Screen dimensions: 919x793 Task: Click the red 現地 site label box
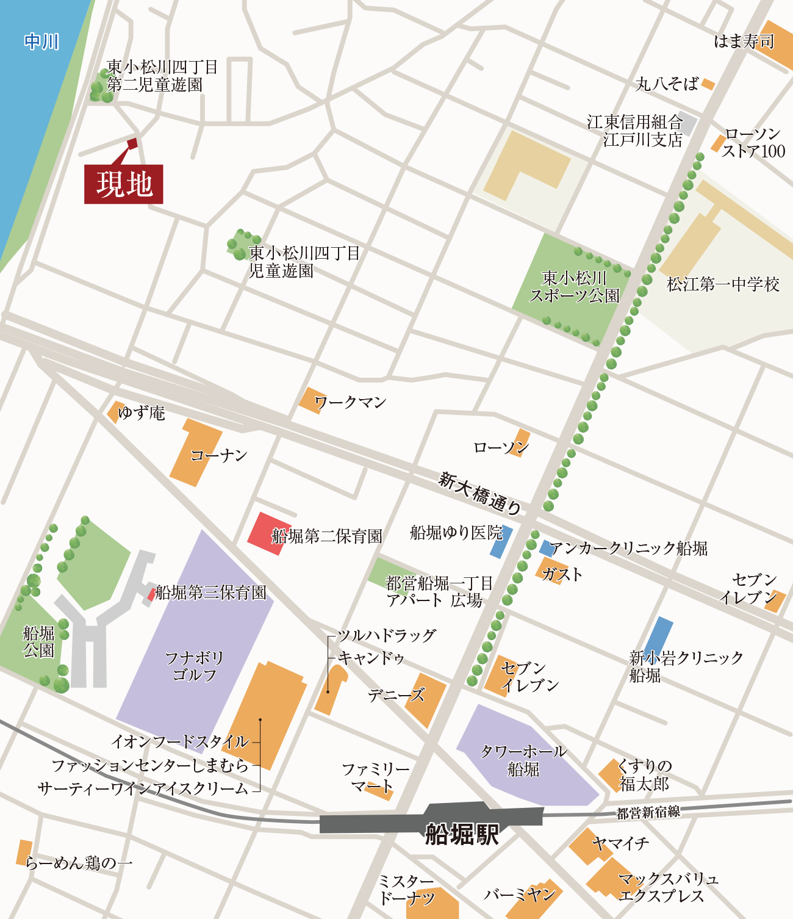coord(123,184)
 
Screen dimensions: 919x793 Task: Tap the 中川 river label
coord(41,41)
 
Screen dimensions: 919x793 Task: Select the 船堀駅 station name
coord(462,834)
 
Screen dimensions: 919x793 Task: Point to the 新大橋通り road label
coord(480,493)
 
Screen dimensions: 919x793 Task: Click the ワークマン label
coord(350,402)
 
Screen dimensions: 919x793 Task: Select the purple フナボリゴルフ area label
coord(195,666)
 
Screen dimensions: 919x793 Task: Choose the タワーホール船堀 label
coord(523,760)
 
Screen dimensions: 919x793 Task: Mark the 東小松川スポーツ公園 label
coord(574,287)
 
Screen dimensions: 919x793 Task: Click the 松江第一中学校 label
coord(723,284)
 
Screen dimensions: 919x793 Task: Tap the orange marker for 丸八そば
coord(708,84)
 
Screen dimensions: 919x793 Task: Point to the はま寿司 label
coord(744,41)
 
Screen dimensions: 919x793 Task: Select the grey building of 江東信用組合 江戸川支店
coord(688,124)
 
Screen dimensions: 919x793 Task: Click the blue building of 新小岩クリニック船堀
coord(659,636)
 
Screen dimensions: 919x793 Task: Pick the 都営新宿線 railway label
coord(648,813)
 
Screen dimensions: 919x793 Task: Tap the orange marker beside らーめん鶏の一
coord(24,852)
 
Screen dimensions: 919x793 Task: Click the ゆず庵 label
coord(142,413)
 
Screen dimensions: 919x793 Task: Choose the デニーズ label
coord(396,695)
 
